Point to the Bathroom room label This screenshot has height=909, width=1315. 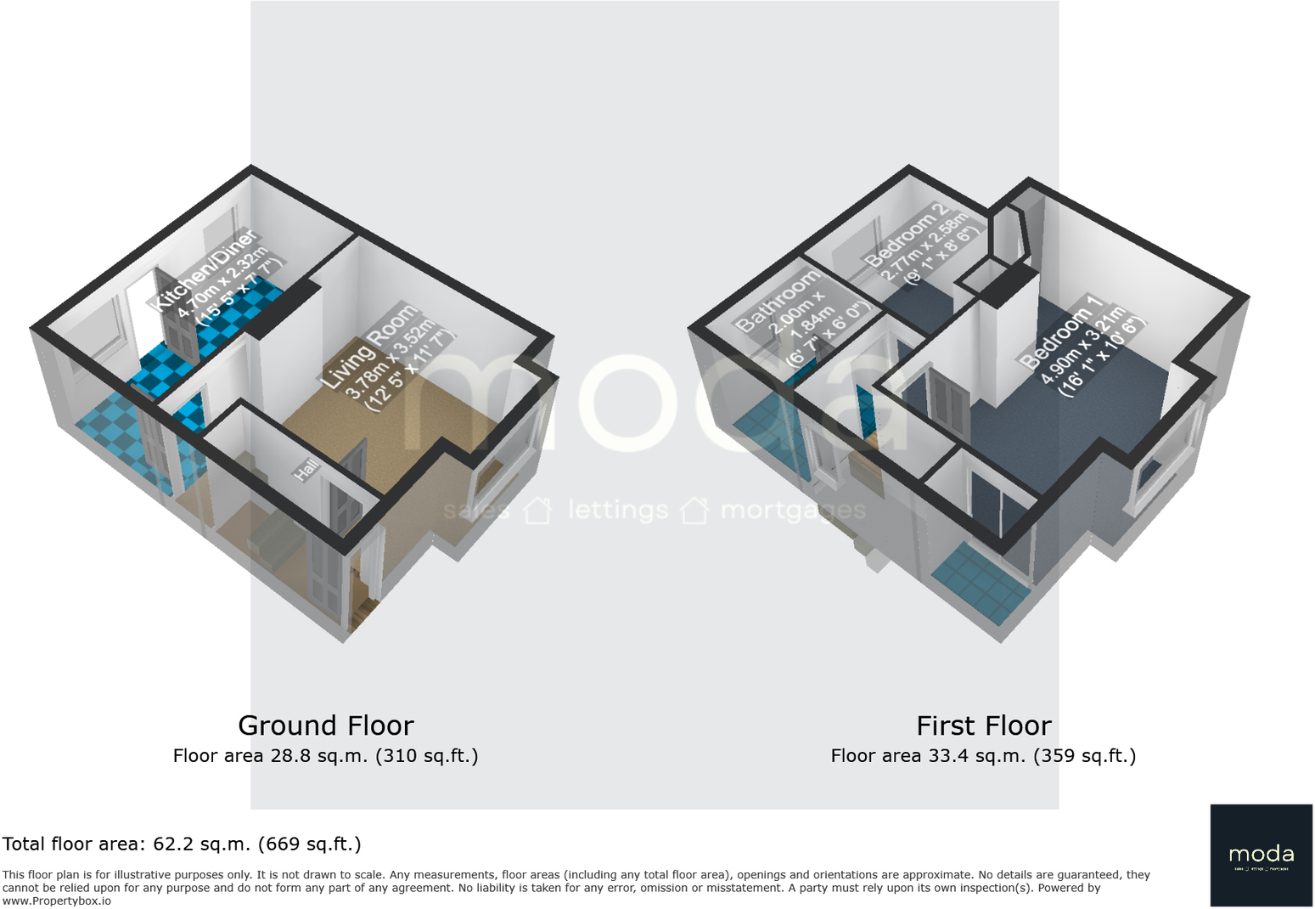[x=778, y=301]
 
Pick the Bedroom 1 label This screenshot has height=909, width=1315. [x=1061, y=331]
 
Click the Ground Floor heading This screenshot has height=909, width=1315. [x=326, y=726]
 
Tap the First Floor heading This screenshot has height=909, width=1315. [x=983, y=726]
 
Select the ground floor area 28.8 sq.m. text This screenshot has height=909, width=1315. [x=325, y=755]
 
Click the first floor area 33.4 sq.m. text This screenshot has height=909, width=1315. [x=983, y=755]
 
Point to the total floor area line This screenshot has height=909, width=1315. [x=182, y=844]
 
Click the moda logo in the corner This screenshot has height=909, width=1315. [x=1261, y=855]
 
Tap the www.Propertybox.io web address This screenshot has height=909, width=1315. [x=57, y=901]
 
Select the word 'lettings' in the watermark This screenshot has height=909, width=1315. [x=617, y=510]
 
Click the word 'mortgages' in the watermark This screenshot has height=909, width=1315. [x=793, y=510]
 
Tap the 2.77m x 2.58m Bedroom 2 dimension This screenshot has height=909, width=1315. [x=924, y=247]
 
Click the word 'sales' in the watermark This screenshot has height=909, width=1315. [x=476, y=511]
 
